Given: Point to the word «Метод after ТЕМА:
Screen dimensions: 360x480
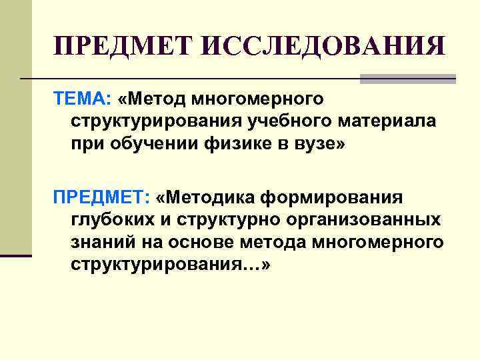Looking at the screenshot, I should point(151,99).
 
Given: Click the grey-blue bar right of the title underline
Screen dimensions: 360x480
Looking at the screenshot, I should point(407,79).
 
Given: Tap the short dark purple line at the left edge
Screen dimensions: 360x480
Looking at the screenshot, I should point(16,255).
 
